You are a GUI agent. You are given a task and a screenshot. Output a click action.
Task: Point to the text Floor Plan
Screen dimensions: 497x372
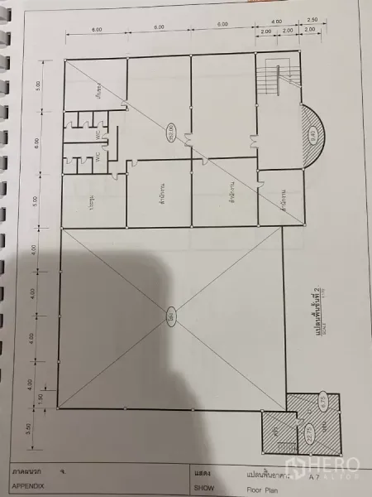click(x=263, y=489)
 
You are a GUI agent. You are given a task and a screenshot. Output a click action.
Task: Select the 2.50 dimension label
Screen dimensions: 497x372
click(x=311, y=20)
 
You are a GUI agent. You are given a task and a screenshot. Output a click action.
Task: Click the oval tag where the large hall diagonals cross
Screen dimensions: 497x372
click(x=169, y=316)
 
